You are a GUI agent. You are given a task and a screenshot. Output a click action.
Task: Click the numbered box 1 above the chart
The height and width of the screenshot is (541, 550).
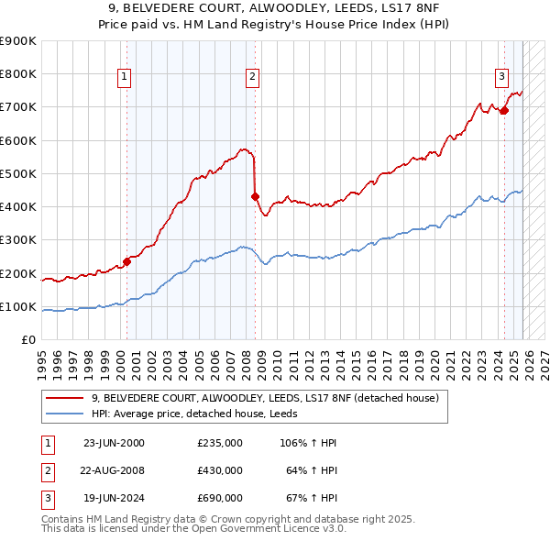124,78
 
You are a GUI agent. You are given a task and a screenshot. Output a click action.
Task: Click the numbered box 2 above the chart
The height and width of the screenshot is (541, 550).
251,78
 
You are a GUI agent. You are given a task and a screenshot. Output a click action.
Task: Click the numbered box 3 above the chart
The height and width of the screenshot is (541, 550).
501,78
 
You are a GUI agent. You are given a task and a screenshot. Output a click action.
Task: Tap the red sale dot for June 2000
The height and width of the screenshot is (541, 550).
127,261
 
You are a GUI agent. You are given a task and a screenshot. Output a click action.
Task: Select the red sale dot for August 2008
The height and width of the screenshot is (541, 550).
256,195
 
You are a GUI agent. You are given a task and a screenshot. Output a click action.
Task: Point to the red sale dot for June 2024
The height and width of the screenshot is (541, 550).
504,110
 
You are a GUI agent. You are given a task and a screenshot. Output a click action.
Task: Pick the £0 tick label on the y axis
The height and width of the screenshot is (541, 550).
29,340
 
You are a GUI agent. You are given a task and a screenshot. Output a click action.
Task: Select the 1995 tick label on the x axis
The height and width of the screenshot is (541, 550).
42,362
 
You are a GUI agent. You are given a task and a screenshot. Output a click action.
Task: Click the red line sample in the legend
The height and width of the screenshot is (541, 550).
65,398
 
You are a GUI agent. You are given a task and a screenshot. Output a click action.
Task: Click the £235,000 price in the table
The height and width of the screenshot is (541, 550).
219,443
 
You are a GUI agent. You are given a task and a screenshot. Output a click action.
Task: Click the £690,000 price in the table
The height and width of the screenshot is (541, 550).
219,498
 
